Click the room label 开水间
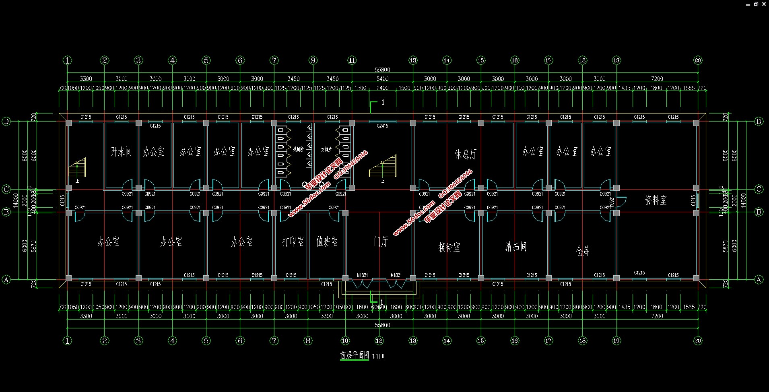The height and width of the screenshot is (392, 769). point(121,152)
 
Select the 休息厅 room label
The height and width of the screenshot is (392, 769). point(466,154)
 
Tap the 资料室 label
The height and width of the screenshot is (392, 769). point(656,200)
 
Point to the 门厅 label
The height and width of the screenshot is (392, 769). point(381,241)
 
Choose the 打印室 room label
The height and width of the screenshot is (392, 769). point(293,241)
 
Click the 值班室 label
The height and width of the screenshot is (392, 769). point(327,241)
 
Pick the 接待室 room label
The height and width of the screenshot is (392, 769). point(449,247)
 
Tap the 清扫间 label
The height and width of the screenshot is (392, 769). point(515,246)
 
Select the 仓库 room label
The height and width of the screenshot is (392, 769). point(583,251)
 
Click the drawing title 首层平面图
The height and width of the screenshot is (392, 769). point(355,355)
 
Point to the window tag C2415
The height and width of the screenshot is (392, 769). point(382,126)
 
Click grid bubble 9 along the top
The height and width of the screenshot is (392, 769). point(313,60)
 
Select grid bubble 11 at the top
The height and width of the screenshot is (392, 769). point(352,60)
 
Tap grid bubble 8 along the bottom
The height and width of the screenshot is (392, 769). point(308,340)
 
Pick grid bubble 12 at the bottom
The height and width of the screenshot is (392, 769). point(379,340)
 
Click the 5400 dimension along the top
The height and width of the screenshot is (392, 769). point(382,79)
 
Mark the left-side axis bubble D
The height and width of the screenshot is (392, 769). point(6,122)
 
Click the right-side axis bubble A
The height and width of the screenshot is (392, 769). point(759,279)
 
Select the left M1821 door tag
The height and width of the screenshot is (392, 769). point(362,275)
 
